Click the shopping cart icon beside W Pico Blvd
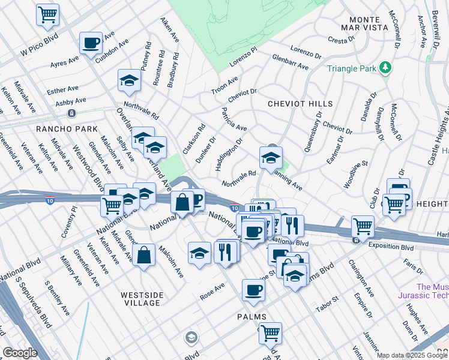pos(47,14)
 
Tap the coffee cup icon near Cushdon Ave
pos(91,43)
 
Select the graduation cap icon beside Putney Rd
pos(129,81)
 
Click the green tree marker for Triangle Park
pos(385,68)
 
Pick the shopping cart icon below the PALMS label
pos(270,332)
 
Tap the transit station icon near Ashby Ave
pos(71,113)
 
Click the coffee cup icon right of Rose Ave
pos(253,291)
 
